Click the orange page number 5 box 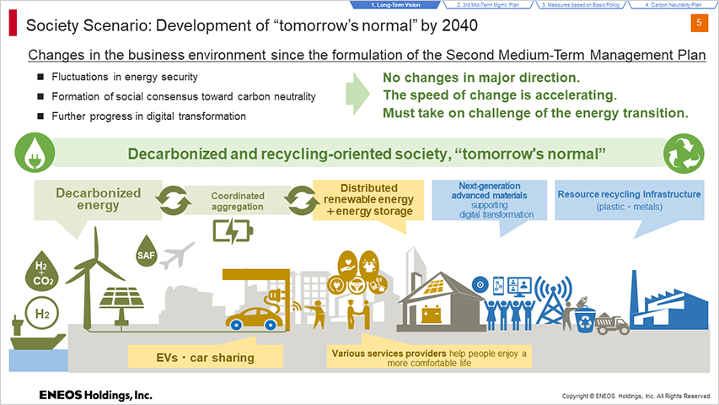coord(699,23)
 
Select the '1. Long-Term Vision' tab coord(395,4)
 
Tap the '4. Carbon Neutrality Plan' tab coord(673,4)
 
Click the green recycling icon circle coord(684,154)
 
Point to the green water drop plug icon coord(35,153)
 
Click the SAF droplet coord(147,251)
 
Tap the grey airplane coord(176,256)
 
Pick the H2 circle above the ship coord(42,314)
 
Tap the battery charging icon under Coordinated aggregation coord(233,231)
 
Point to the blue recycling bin coord(585,320)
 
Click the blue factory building coord(669,305)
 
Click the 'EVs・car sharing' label coord(206,357)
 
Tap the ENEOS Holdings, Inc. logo coord(95,395)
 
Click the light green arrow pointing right coord(357,94)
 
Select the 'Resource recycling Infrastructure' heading coord(629,194)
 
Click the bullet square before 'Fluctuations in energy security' coord(40,77)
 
